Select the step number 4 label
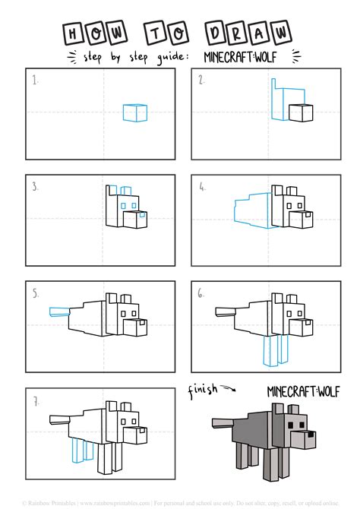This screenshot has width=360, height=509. point(203,186)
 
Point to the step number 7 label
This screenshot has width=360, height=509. point(34,400)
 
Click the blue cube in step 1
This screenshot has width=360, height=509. point(134,112)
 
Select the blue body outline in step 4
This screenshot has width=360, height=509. point(251,209)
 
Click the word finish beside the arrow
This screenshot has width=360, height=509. point(204,390)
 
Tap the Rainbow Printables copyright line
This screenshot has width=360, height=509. point(180,503)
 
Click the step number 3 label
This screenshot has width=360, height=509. point(34,186)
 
